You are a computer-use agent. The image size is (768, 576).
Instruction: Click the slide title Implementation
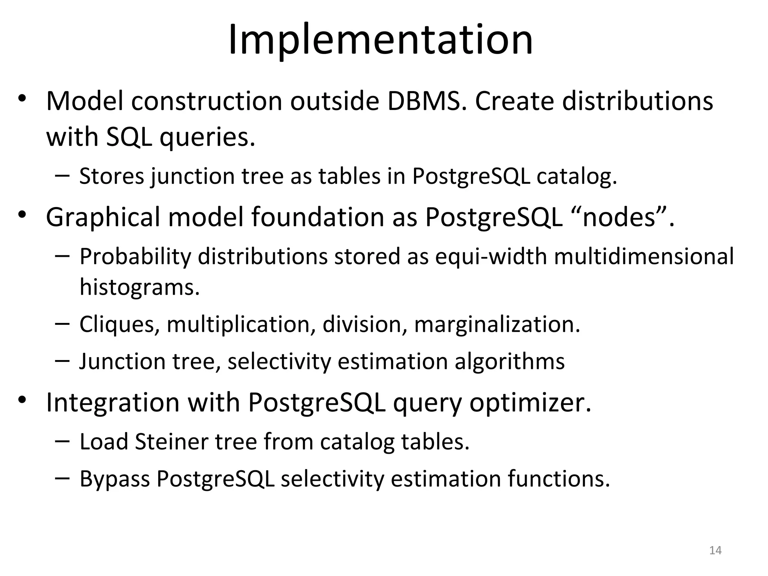coord(380,40)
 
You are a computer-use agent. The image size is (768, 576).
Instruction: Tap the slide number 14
coord(715,550)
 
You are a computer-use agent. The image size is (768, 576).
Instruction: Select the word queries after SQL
coord(207,137)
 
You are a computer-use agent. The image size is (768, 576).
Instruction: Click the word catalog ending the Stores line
coord(576,176)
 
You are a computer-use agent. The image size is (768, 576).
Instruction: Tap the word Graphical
coord(103,217)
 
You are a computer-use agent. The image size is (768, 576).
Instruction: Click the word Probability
coord(135,257)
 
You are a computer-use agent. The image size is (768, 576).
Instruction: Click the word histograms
coord(139,288)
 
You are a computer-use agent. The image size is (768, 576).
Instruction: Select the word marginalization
coord(497,324)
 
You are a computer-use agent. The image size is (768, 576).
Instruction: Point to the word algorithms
coord(509,361)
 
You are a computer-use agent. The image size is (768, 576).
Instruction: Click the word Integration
coord(112,402)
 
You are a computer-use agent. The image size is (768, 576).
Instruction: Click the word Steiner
coord(171,441)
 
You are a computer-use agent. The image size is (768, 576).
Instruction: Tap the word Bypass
coord(115,479)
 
